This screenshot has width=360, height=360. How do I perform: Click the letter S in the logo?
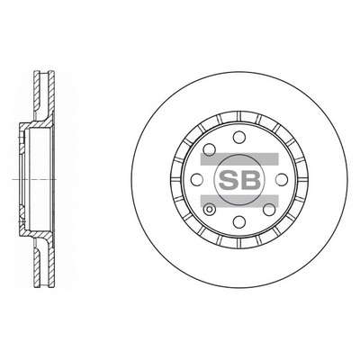[x=229, y=180]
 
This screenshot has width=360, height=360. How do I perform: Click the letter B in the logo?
[x=250, y=180]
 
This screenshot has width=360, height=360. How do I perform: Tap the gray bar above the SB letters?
[x=239, y=158]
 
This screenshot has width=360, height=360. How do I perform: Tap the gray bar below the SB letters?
[x=239, y=201]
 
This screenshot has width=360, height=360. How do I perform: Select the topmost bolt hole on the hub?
[x=239, y=137]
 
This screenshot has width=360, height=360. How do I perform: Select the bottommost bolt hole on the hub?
[x=239, y=222]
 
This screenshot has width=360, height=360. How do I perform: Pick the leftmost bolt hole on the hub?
[x=197, y=180]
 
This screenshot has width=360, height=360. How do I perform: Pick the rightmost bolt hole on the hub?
[x=282, y=180]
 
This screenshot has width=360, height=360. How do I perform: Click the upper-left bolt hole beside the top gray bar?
[x=210, y=149]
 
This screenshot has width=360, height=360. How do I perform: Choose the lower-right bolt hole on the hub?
[x=269, y=210]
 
